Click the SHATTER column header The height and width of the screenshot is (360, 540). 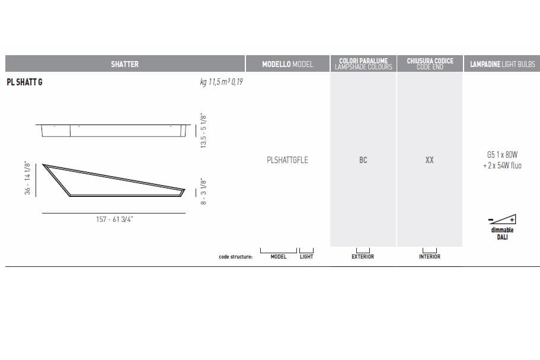tap(124, 64)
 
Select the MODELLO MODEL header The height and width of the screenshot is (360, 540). tap(287, 64)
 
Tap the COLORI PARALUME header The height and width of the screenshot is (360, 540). tap(363, 60)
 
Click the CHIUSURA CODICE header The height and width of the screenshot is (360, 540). tap(430, 60)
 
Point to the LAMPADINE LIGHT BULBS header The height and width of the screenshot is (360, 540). tap(503, 64)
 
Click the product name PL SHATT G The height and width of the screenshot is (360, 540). tap(24, 82)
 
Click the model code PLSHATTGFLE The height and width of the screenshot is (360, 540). tap(287, 160)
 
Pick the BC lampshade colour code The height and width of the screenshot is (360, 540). tap(363, 160)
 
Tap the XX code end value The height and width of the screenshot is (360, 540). tap(430, 160)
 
